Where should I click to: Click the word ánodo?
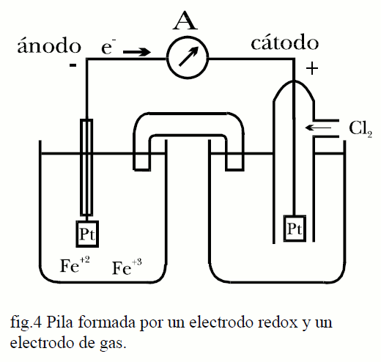49,45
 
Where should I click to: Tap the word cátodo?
285,43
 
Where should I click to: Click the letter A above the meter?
185,21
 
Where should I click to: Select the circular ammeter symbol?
188,58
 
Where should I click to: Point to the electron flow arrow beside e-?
137,52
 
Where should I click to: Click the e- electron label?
108,46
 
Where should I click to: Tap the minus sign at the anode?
73,65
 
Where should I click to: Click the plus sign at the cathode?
312,68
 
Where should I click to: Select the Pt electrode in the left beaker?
87,234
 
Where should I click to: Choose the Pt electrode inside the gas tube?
295,229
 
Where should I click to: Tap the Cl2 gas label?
360,129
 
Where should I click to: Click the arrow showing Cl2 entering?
318,128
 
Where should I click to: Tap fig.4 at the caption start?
26,323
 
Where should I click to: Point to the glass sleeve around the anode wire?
86,168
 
